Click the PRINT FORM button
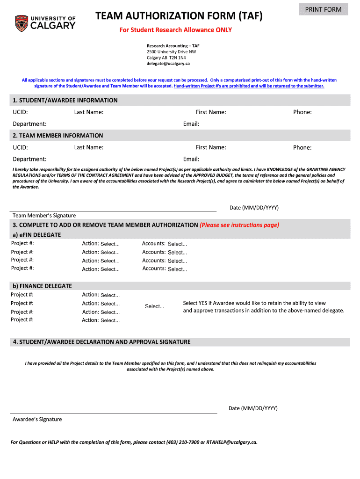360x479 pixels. [x=323, y=9]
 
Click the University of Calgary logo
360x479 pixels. [x=45, y=23]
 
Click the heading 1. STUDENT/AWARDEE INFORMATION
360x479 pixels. [x=65, y=100]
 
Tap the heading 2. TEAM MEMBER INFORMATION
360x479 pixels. [x=58, y=136]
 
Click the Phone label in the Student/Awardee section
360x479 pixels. [x=302, y=112]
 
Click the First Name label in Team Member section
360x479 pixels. [x=211, y=147]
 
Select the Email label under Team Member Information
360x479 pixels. [x=191, y=159]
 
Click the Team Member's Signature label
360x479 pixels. [x=44, y=216]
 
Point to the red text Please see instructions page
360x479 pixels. [x=239, y=225]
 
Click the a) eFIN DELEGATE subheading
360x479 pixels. [x=36, y=235]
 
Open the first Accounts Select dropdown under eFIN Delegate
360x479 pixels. [x=177, y=244]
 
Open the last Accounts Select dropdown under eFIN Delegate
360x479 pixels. [x=177, y=269]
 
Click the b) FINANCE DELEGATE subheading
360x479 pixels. [x=42, y=286]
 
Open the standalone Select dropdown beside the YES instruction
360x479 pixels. [x=154, y=307]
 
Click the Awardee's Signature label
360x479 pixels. [x=37, y=420]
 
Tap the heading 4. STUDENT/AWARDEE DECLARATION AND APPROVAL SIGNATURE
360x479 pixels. [x=101, y=342]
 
